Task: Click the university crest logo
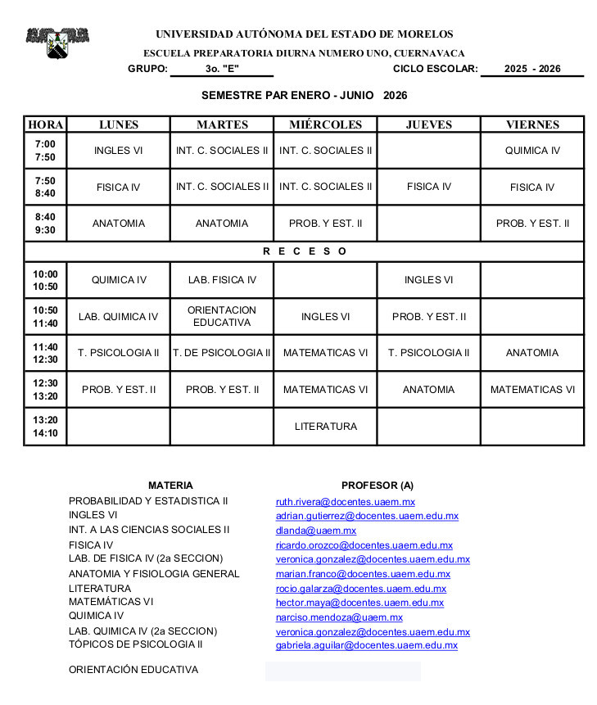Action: point(57,42)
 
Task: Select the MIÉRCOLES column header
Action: point(325,124)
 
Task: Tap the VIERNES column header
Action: point(532,124)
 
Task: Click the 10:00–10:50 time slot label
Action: point(45,280)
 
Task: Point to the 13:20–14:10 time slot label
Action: point(45,426)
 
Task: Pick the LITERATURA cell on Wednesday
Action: point(325,427)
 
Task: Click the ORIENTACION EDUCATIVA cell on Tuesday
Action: point(222,316)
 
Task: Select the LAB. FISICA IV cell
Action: point(222,280)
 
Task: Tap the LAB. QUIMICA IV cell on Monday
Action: point(119,317)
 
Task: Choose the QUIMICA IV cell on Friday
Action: point(532,151)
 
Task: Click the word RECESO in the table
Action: point(305,251)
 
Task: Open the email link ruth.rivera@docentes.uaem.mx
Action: point(346,502)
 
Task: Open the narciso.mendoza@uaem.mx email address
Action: point(339,617)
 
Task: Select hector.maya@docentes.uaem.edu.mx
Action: point(360,603)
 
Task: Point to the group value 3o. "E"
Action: point(222,69)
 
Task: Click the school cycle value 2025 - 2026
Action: point(532,69)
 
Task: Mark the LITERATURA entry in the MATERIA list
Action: point(100,588)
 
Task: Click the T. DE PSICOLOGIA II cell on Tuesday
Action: point(222,353)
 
